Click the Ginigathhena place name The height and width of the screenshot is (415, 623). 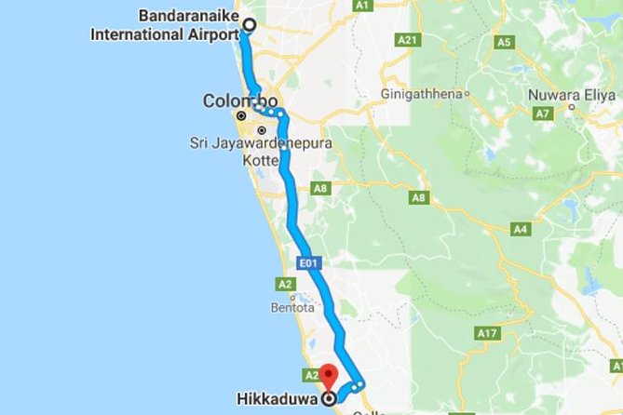click(x=422, y=94)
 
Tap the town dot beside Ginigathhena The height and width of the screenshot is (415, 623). click(x=467, y=94)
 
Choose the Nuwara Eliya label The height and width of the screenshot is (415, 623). click(x=565, y=94)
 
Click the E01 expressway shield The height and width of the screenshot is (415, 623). click(x=310, y=264)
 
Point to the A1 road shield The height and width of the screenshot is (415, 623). click(x=363, y=6)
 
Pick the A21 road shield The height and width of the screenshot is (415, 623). click(x=407, y=41)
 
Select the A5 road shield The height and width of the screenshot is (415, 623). click(x=506, y=42)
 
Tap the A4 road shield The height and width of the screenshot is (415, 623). click(x=521, y=229)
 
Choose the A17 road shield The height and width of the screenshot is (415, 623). click(x=487, y=332)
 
